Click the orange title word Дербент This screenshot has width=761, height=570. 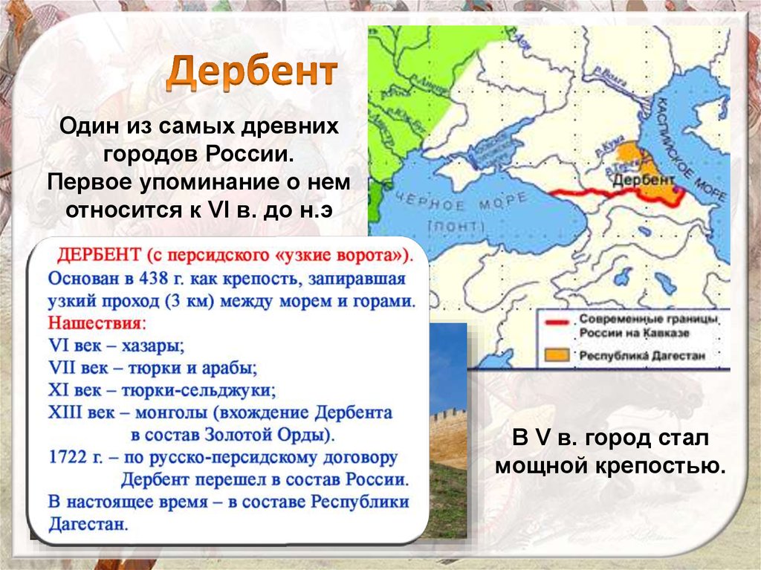250,72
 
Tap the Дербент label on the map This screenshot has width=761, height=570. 644,179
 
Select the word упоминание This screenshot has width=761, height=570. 224,182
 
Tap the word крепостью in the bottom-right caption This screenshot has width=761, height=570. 661,466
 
